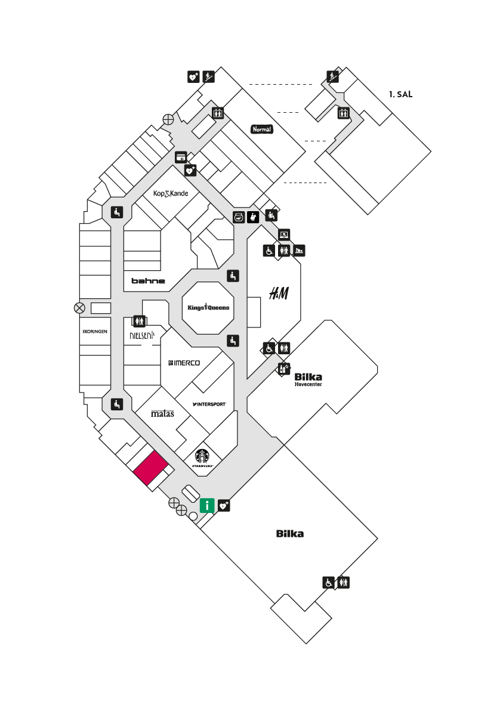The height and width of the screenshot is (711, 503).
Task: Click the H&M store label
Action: point(279,293)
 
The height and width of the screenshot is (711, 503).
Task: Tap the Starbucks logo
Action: point(202,458)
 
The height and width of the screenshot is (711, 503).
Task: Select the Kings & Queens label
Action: point(208,307)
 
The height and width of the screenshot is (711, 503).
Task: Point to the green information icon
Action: point(207,505)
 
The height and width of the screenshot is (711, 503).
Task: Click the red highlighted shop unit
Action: point(150,468)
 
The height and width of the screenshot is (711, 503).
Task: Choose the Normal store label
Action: point(262,129)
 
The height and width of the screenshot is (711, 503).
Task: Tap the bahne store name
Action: point(148,281)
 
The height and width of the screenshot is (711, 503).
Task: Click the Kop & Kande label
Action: point(171,193)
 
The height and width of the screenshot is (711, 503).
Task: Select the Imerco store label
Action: point(184,363)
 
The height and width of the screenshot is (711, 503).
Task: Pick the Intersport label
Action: point(209,404)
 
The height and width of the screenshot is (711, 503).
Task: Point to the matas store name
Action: point(162,413)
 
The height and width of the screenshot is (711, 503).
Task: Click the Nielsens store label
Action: point(142,335)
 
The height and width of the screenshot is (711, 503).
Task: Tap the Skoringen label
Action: point(95,332)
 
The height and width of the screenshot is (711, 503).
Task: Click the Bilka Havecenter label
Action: point(308,379)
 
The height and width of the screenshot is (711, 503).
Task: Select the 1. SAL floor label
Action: point(400,94)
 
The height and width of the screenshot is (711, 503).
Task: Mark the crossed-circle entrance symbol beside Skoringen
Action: point(79,308)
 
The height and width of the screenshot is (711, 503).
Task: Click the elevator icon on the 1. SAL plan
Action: point(343,113)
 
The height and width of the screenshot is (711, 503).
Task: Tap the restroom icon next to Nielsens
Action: point(139,321)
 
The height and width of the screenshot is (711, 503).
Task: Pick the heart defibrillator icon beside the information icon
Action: point(224,505)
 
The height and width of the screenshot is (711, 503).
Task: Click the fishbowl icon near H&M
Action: point(239,217)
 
